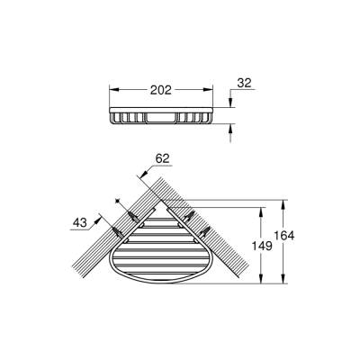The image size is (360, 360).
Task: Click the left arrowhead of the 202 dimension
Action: tap(113, 91)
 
